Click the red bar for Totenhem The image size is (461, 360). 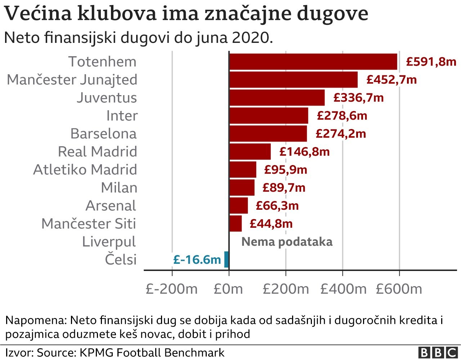coord(313,62)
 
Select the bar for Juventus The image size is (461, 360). coord(277,98)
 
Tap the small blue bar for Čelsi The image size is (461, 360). coord(227,259)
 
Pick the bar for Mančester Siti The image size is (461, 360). coord(236,224)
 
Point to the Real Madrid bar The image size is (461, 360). coord(250,152)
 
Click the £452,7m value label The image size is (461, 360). coord(391,80)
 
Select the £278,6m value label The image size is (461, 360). coord(342,116)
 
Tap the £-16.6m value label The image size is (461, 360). coord(197,260)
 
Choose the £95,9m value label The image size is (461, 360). coord(285,170)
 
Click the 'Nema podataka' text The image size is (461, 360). coord(287,242)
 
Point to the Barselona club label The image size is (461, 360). coord(104,134)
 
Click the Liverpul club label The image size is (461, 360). coord(109,242)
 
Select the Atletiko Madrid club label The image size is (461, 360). coord(85,170)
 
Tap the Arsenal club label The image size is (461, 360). coord(111,206)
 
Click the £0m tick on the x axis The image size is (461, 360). coord(228,289)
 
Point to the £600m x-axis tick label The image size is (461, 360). coord(399,289)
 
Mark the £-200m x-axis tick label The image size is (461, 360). coord(172,289)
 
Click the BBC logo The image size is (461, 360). coord(438,352)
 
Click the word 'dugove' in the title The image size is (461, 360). coord(333,14)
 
